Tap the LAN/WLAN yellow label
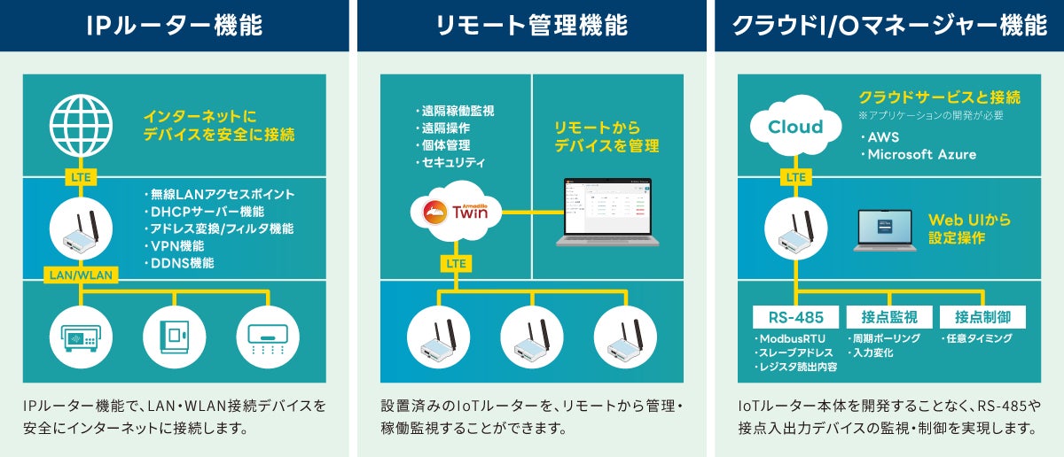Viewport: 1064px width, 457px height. tap(80, 275)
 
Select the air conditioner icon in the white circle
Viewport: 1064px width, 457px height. tap(267, 336)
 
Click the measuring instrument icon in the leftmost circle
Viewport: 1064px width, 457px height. tap(80, 336)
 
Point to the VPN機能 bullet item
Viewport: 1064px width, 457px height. tap(173, 245)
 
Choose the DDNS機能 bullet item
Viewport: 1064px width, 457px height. tap(178, 263)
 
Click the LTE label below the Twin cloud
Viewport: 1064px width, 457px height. tap(457, 264)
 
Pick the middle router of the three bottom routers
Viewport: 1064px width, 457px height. tap(531, 336)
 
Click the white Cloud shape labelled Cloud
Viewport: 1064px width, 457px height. tap(794, 128)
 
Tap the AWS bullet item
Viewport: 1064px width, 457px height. tap(883, 138)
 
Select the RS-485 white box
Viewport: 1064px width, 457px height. tap(794, 317)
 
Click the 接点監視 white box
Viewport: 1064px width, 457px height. tap(888, 317)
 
